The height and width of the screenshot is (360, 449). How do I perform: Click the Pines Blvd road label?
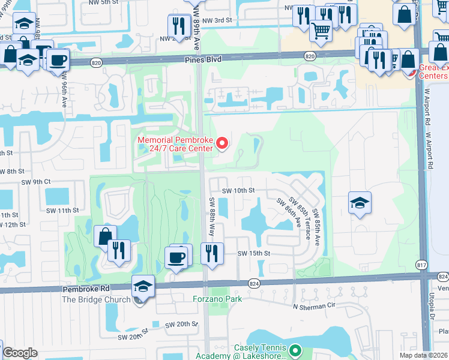click(x=203, y=59)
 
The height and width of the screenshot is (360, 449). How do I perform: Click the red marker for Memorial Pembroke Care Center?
click(x=222, y=143)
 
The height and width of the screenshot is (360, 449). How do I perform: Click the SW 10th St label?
click(x=238, y=190)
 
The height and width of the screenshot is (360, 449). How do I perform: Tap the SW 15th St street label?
click(x=254, y=254)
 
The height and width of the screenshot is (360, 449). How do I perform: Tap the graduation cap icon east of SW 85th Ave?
click(x=360, y=203)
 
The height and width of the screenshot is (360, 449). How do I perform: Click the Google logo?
click(x=20, y=353)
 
